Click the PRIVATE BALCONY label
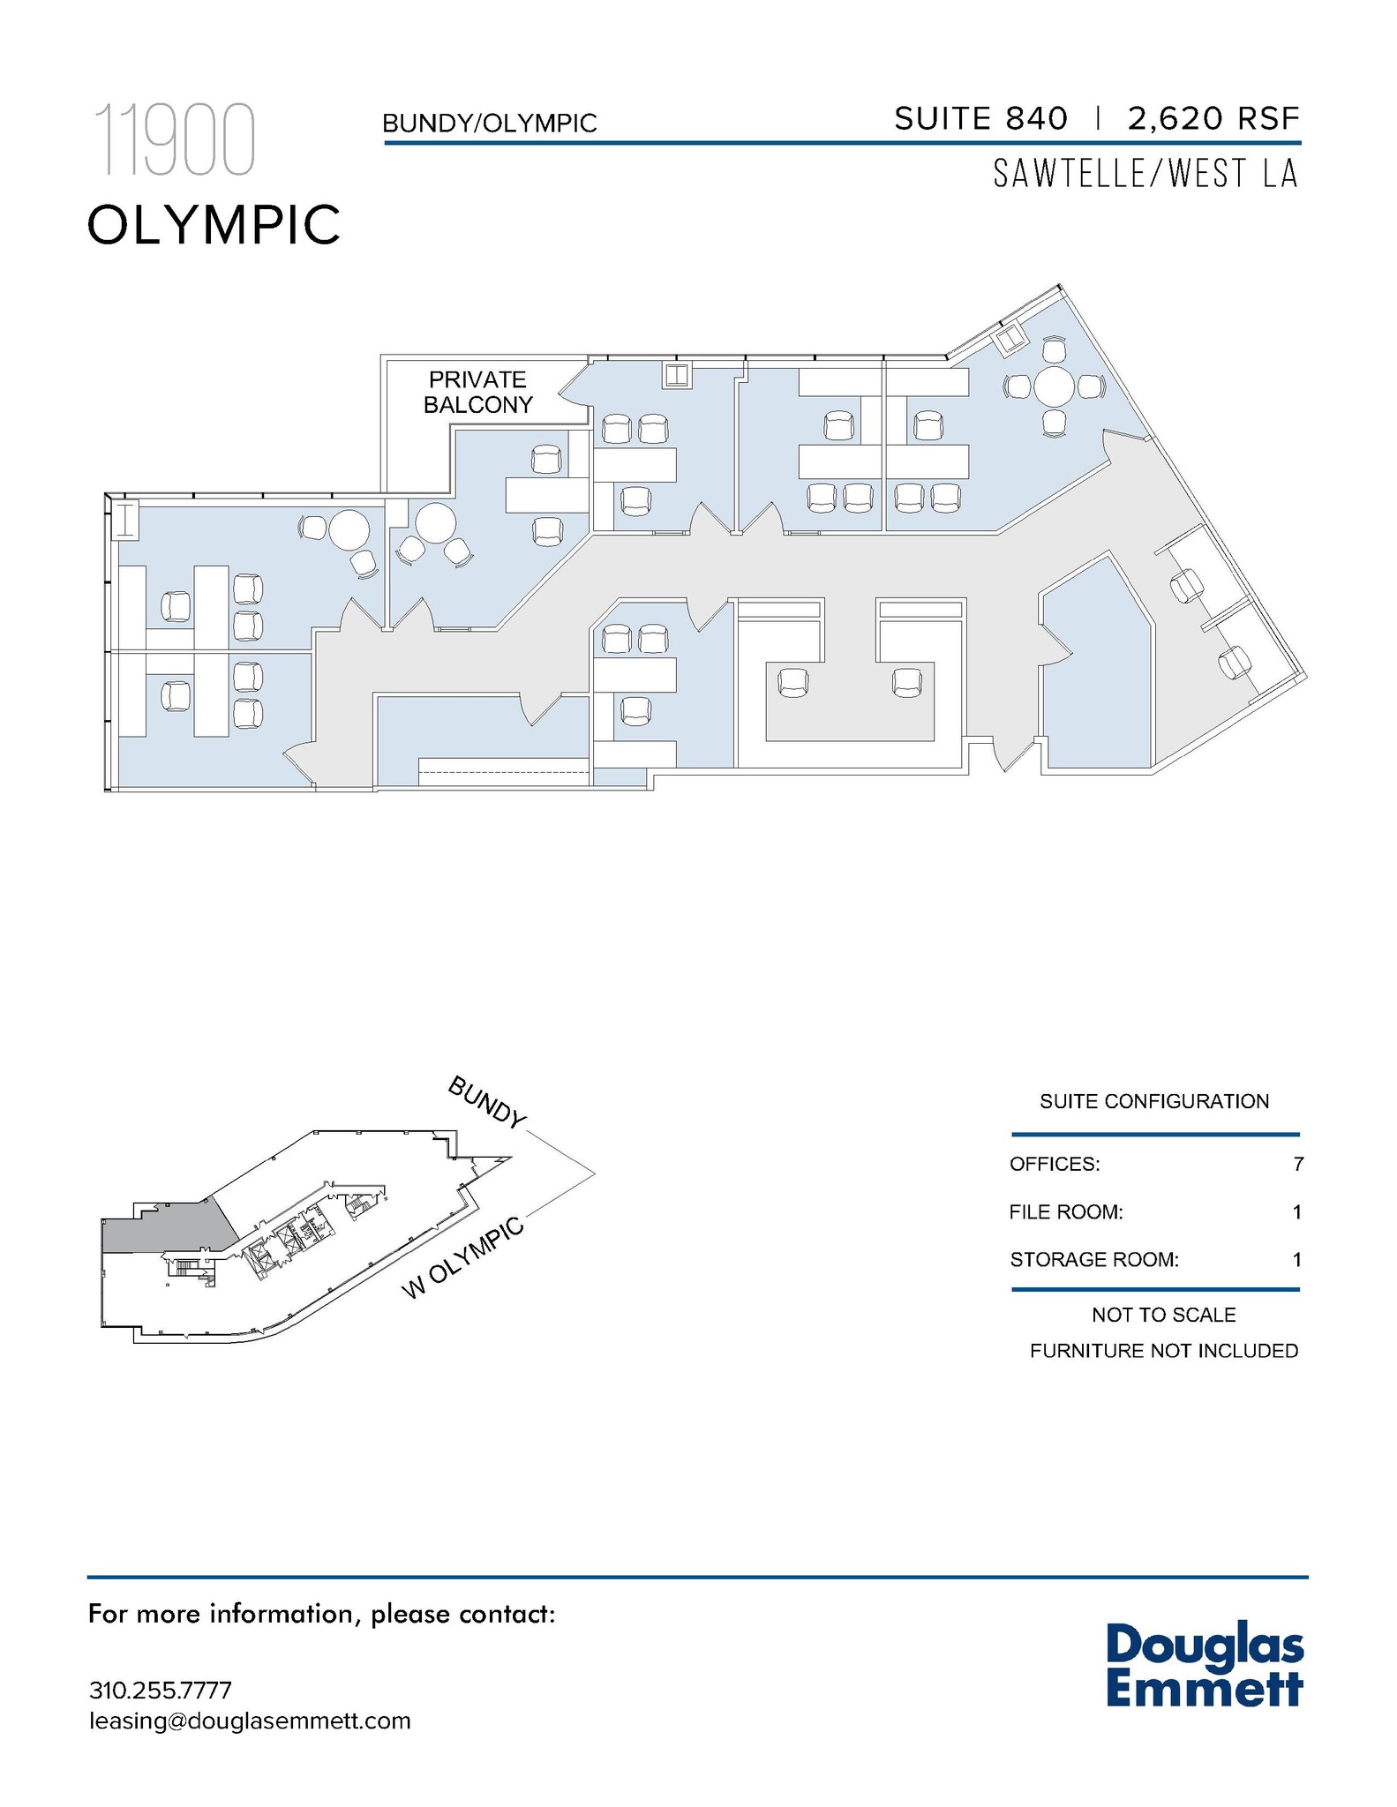(477, 392)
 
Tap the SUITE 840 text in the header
(980, 119)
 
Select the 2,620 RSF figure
(1213, 119)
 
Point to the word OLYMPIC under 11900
(214, 224)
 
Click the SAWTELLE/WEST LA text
(1145, 174)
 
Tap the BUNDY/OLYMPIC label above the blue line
(490, 124)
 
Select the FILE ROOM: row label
(1066, 1212)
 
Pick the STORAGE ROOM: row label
(1094, 1260)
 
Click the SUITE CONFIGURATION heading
(1154, 1101)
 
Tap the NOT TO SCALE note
(1163, 1315)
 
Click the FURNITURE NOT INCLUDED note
(1163, 1351)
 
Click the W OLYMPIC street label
(463, 1258)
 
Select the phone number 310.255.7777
(161, 1691)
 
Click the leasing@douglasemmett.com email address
(250, 1721)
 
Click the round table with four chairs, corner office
(1053, 386)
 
